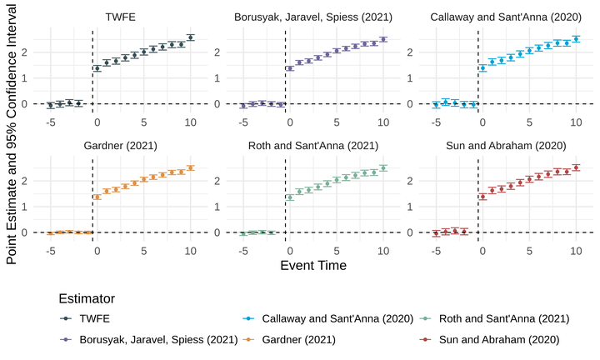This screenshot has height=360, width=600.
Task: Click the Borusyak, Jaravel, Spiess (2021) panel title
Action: pyautogui.click(x=313, y=16)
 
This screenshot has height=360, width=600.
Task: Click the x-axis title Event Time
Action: pyautogui.click(x=313, y=265)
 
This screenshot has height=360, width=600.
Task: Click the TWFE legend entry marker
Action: pyautogui.click(x=66, y=318)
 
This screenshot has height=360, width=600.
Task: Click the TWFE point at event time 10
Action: pyautogui.click(x=191, y=37)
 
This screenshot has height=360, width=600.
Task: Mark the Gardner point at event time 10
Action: pyautogui.click(x=191, y=167)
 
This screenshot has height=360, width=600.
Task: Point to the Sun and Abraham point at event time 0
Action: pyautogui.click(x=482, y=197)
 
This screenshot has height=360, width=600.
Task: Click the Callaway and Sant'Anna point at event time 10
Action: pyautogui.click(x=576, y=39)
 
